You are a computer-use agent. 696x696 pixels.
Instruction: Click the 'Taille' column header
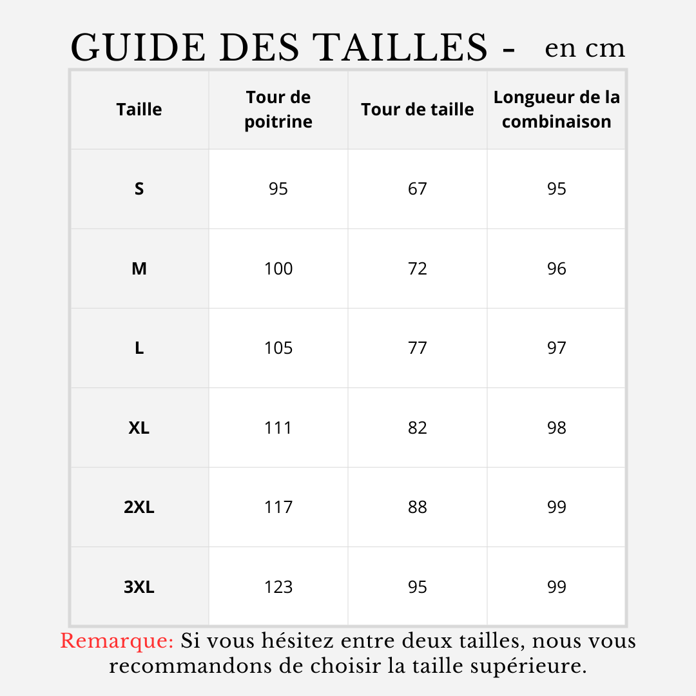139,110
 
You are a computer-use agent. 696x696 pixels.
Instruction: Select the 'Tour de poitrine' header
278,110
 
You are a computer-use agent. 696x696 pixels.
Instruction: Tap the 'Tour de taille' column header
418,110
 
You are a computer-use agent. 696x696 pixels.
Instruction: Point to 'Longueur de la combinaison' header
557,110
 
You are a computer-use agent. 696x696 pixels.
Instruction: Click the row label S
139,189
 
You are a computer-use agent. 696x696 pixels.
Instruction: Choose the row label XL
139,428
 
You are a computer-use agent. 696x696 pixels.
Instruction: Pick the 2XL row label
139,507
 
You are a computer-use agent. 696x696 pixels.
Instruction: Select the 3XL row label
139,587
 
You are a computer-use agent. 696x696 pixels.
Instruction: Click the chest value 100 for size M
278,269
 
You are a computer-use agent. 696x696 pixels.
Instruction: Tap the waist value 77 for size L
418,348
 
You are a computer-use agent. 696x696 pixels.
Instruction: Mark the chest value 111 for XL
278,428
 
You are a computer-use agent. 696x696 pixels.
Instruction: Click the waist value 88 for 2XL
418,507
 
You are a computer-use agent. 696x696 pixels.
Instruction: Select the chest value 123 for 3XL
278,587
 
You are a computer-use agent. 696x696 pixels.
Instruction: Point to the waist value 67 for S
418,189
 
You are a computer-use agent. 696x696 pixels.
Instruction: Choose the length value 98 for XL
557,428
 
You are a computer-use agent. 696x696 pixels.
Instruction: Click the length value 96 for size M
557,269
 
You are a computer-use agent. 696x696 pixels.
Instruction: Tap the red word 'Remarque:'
117,641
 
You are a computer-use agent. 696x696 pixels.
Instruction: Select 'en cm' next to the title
585,48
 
